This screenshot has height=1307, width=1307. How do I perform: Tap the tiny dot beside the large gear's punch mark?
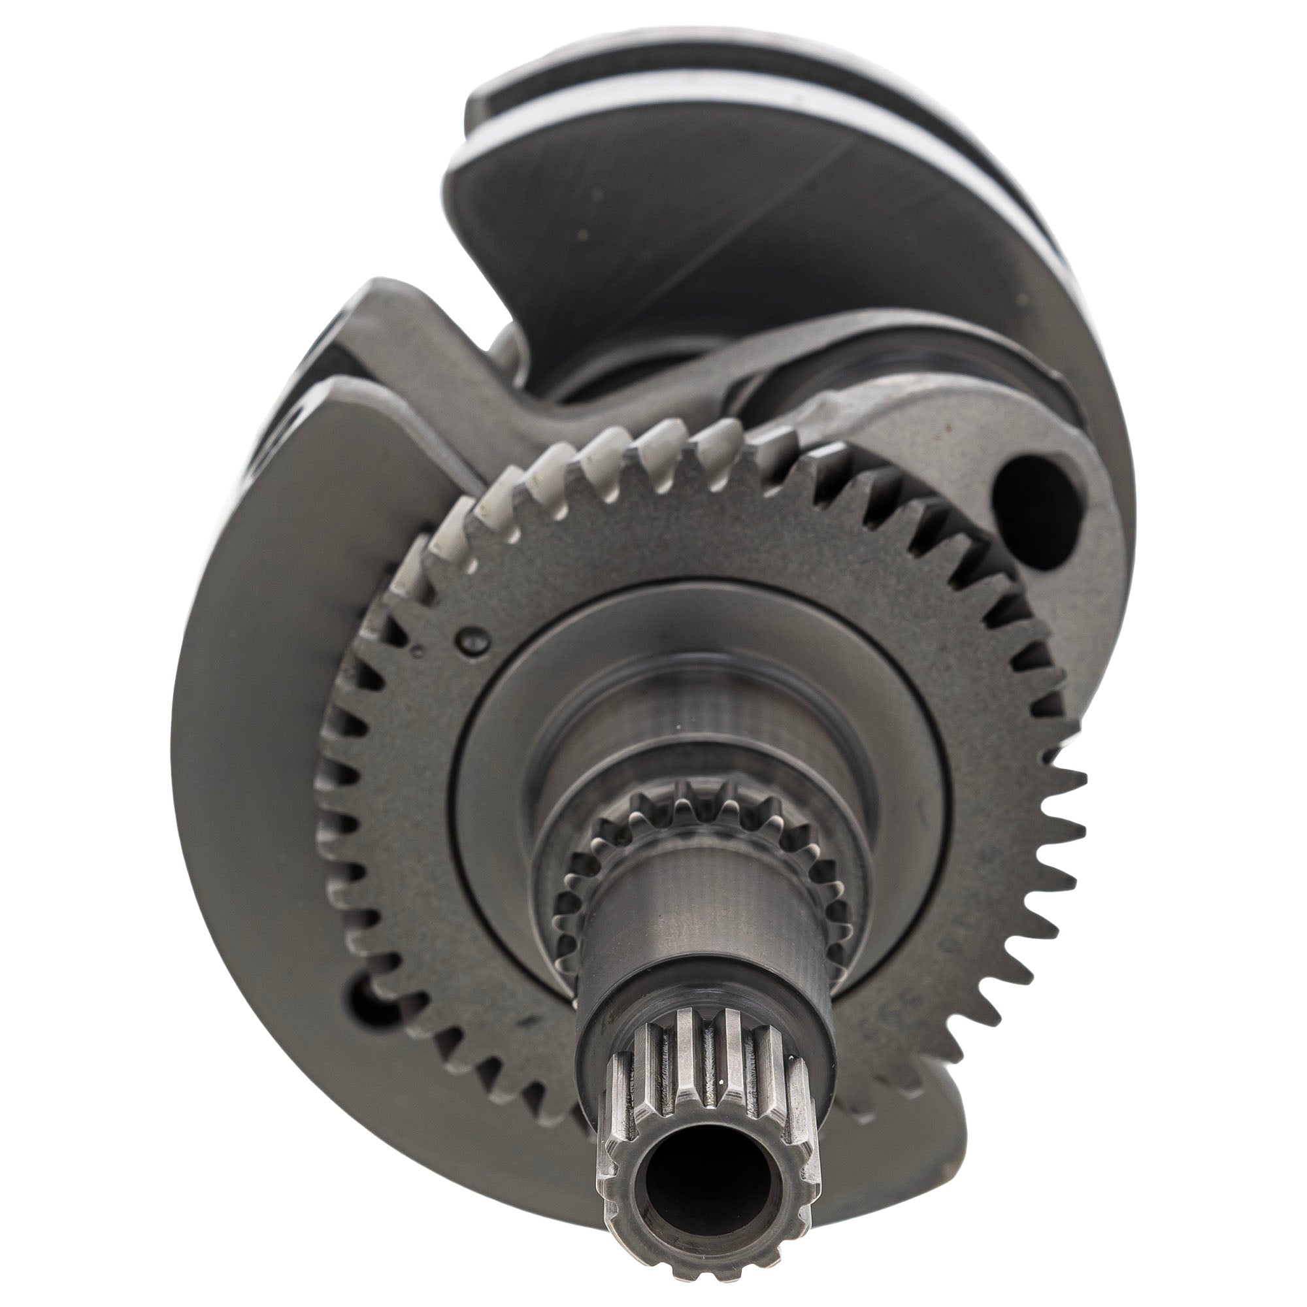point(420,652)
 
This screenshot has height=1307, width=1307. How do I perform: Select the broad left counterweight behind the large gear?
point(271,676)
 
